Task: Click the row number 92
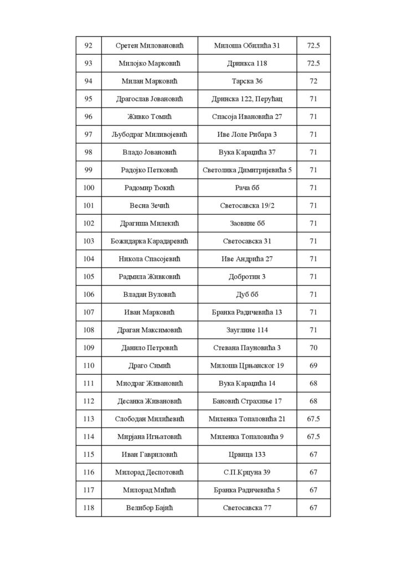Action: point(89,45)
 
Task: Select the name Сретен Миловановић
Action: point(150,45)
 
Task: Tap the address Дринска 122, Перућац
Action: point(247,99)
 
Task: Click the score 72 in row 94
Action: point(313,81)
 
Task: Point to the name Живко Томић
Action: point(150,117)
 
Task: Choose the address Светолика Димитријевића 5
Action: point(247,170)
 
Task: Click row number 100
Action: point(89,188)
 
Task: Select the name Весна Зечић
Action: point(150,205)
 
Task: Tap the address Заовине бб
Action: point(247,223)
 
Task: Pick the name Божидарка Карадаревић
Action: point(150,241)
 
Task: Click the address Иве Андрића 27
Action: point(247,259)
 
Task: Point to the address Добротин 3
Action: point(247,277)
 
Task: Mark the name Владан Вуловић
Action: point(150,295)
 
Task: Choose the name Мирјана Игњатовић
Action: point(150,437)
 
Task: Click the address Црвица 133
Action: point(247,455)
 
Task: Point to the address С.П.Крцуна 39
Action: point(247,472)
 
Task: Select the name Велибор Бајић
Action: point(150,508)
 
